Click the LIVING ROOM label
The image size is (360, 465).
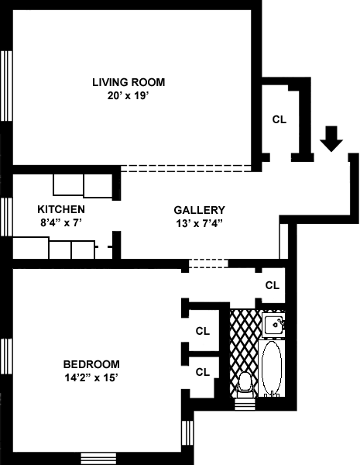(x=129, y=82)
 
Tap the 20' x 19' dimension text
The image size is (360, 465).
(x=128, y=96)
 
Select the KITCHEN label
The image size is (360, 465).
(x=61, y=209)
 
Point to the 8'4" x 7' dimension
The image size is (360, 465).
(x=61, y=222)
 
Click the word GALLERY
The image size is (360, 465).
(x=200, y=210)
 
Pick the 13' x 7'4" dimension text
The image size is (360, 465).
(x=199, y=223)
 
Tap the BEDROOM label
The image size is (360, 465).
(x=91, y=364)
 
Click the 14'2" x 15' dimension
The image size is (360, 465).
(x=91, y=378)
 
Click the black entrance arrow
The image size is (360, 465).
(x=331, y=139)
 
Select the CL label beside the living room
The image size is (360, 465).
(x=279, y=119)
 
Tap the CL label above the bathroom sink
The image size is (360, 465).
(x=273, y=285)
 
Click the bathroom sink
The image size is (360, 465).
(x=274, y=324)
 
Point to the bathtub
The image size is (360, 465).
(x=272, y=368)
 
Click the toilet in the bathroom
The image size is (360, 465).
(x=245, y=384)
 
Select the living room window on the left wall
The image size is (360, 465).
(x=6, y=86)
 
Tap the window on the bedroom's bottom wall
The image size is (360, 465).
(x=98, y=458)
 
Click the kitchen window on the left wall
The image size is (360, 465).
(x=6, y=217)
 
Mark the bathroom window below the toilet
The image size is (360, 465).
(x=245, y=405)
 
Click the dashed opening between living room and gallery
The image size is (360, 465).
(x=186, y=168)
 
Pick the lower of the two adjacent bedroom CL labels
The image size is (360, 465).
(x=203, y=372)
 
